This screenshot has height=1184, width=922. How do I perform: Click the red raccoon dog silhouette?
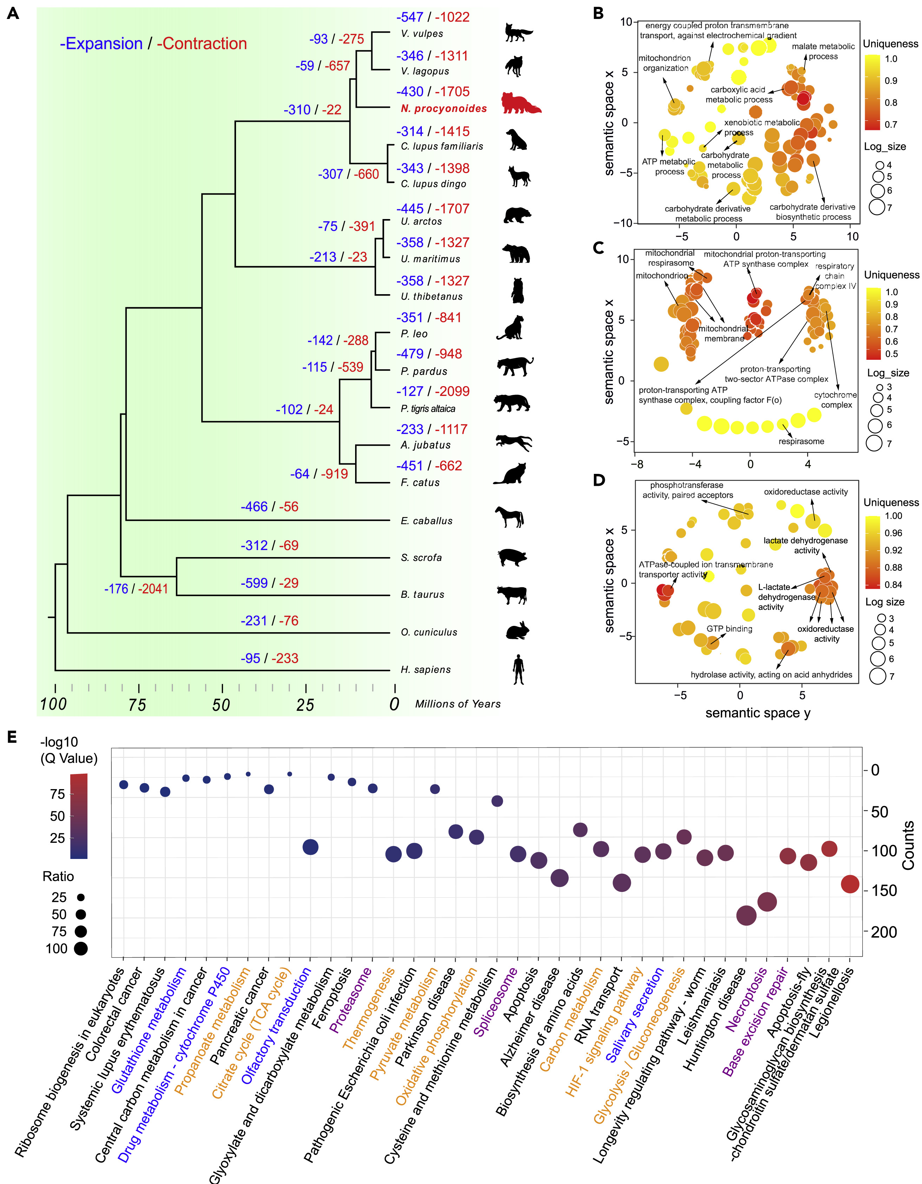pyautogui.click(x=521, y=103)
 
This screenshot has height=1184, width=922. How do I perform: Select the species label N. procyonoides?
pyautogui.click(x=444, y=108)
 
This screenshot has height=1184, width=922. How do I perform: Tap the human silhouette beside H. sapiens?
pyautogui.click(x=518, y=669)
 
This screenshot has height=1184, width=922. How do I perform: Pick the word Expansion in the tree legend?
pyautogui.click(x=102, y=44)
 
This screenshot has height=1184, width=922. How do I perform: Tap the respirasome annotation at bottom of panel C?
pyautogui.click(x=801, y=441)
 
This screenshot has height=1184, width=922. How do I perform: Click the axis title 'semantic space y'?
pyautogui.click(x=758, y=713)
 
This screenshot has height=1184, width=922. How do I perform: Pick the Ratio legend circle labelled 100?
pyautogui.click(x=81, y=949)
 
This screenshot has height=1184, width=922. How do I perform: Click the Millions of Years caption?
pyautogui.click(x=458, y=704)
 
